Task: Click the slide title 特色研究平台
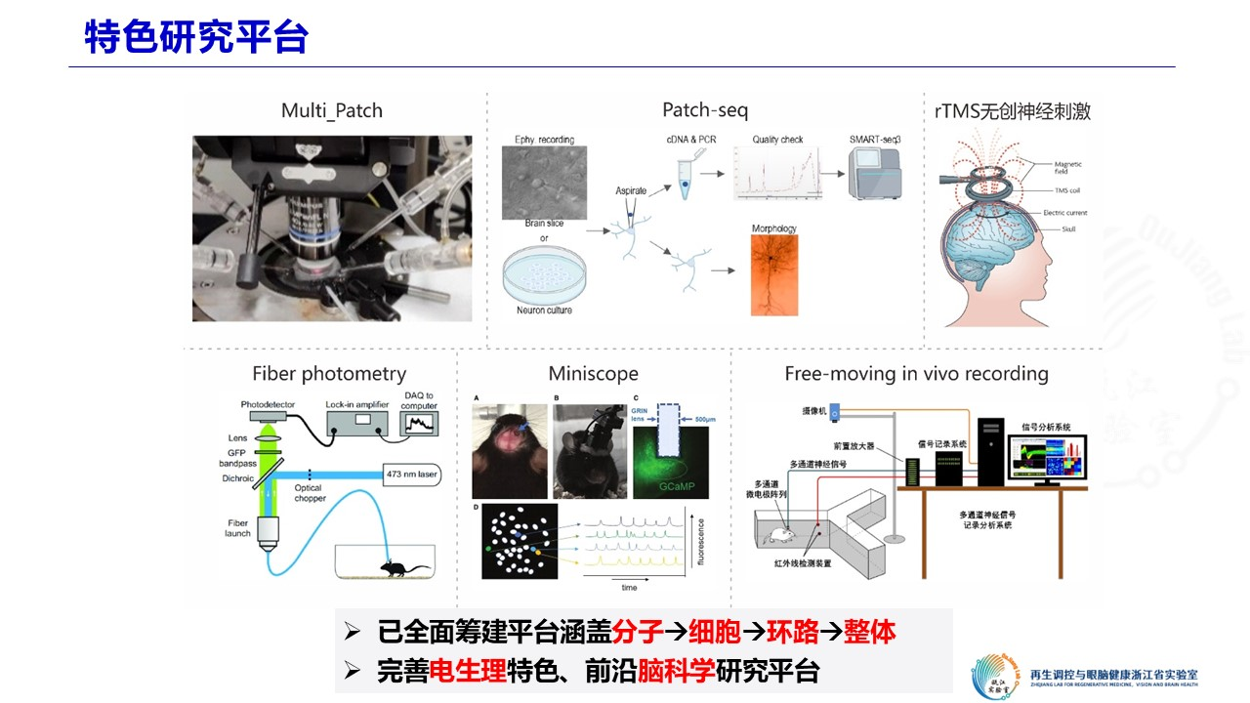tap(196, 37)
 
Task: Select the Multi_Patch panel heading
tap(332, 110)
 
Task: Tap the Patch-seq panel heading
tap(705, 110)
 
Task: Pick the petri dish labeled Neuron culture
tap(545, 275)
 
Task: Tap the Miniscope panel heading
tap(593, 373)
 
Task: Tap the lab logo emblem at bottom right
tap(996, 673)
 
